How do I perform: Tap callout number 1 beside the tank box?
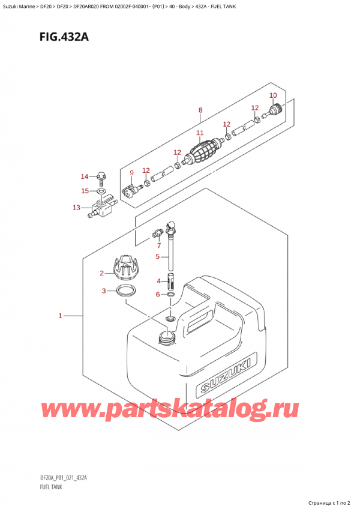60,315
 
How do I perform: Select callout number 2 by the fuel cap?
102,274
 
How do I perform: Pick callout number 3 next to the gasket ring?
104,292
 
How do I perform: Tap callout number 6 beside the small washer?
158,294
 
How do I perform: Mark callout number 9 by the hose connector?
132,174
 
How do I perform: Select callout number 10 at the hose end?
273,95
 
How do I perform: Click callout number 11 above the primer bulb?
200,133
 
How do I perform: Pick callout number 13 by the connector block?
76,208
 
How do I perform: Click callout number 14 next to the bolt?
85,176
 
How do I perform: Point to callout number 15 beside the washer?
85,191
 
